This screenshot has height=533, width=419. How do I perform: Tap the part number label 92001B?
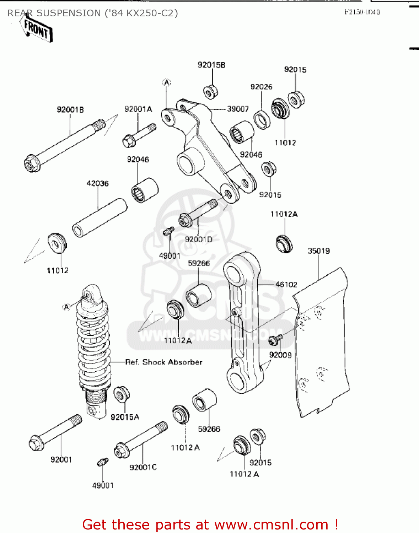click(70, 109)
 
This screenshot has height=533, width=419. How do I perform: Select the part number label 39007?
click(238, 109)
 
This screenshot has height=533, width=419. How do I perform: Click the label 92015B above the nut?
click(211, 65)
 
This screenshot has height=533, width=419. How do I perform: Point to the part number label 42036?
click(98, 183)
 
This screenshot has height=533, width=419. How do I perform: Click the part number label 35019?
click(318, 251)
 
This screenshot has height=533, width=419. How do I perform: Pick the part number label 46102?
click(286, 284)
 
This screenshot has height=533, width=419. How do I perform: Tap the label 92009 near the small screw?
click(280, 355)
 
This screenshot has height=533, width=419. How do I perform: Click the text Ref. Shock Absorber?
click(163, 362)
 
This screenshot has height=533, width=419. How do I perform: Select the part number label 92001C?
click(143, 467)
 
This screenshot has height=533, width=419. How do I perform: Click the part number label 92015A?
click(125, 417)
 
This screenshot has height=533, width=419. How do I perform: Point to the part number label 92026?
click(261, 87)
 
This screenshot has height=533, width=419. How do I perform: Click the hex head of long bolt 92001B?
click(32, 164)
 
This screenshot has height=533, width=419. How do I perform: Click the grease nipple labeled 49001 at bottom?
click(102, 462)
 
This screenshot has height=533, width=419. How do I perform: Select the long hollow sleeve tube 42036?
click(100, 217)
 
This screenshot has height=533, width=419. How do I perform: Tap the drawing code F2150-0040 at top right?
click(362, 12)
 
